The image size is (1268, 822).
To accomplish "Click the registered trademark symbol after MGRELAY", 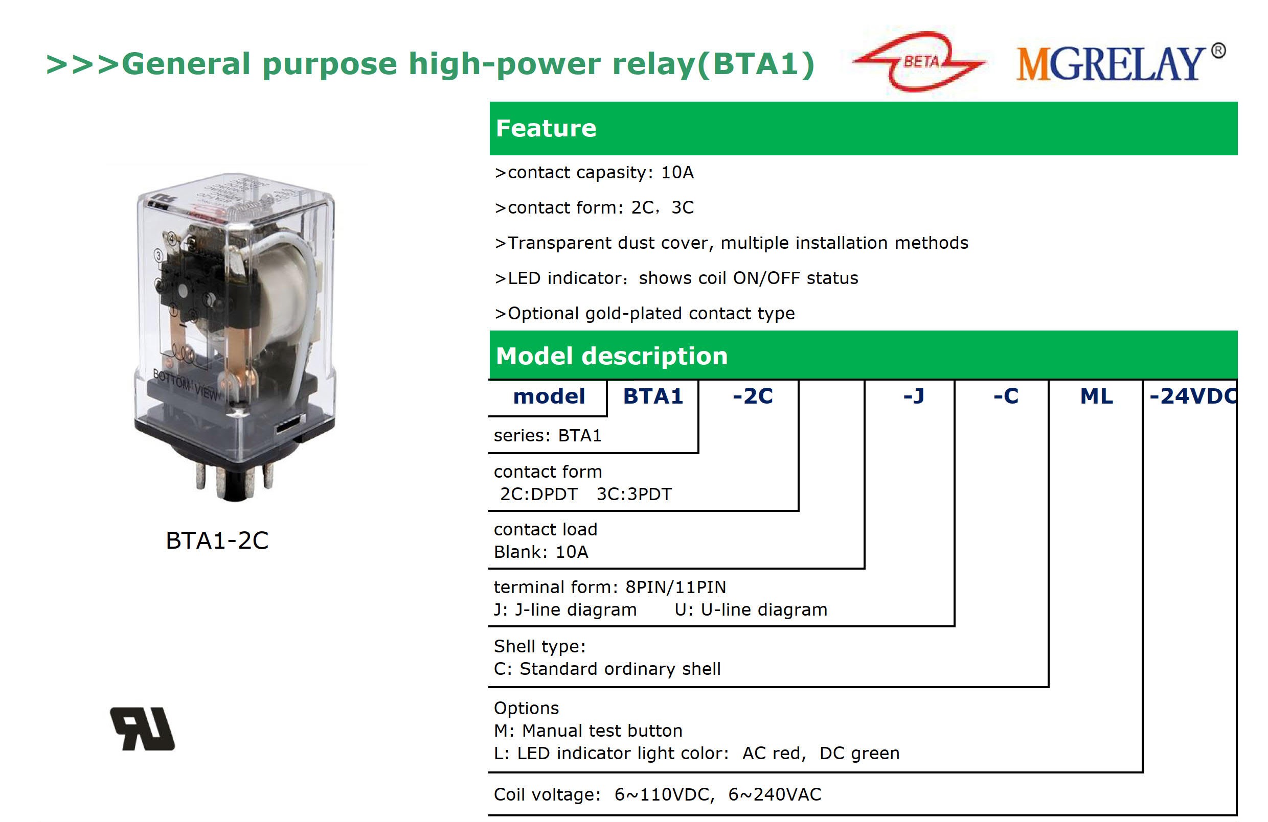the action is (x=1218, y=51).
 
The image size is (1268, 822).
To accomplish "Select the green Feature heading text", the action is (x=546, y=128).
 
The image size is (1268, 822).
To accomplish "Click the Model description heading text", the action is (x=612, y=356).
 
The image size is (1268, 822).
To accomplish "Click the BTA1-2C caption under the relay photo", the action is (x=217, y=540).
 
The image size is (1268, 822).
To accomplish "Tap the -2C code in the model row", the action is (x=752, y=396).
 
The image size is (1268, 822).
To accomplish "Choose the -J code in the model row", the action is (x=914, y=396).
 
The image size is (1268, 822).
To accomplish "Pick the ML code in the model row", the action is (x=1096, y=396).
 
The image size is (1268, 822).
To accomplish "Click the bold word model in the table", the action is (x=549, y=396).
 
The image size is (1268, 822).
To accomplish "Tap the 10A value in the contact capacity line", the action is (x=677, y=172).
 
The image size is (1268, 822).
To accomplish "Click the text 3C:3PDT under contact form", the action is (x=634, y=494).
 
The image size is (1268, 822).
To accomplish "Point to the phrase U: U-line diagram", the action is (x=751, y=609).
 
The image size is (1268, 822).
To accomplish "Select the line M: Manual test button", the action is (x=588, y=731).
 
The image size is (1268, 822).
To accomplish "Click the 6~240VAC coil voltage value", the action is (x=775, y=794).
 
